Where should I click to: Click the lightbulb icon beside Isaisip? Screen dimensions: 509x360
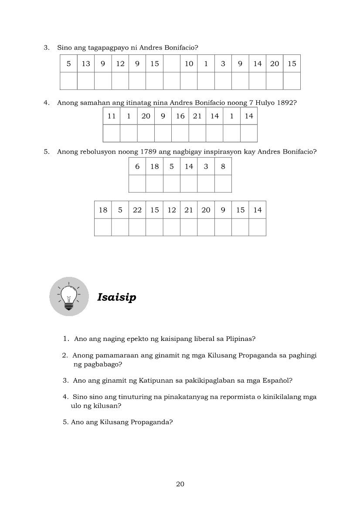pyautogui.click(x=69, y=297)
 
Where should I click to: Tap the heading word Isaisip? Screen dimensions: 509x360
pyautogui.click(x=116, y=297)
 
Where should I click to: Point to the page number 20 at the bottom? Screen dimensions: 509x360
pyautogui.click(x=180, y=484)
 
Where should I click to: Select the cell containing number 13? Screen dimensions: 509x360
pyautogui.click(x=86, y=64)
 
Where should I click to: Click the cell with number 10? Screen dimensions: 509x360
pyautogui.click(x=189, y=64)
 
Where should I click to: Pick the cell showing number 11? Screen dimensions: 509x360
pyautogui.click(x=112, y=116)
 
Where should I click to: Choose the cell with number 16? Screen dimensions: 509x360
pyautogui.click(x=180, y=116)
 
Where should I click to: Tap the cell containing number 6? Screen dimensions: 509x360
pyautogui.click(x=137, y=166)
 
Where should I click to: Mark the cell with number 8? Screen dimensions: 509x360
pyautogui.click(x=223, y=166)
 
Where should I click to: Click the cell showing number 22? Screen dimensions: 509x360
pyautogui.click(x=137, y=210)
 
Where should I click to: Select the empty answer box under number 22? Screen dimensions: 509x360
pyautogui.click(x=137, y=227)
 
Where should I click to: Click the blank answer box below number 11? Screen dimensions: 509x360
pyautogui.click(x=112, y=133)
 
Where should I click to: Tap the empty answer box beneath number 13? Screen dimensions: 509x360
pyautogui.click(x=86, y=81)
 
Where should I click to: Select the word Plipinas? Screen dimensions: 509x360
pyautogui.click(x=240, y=338)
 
